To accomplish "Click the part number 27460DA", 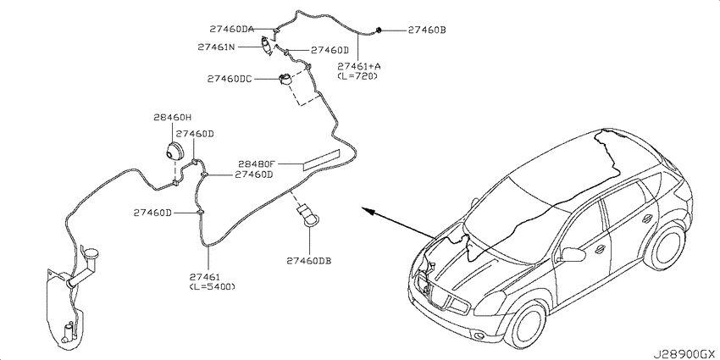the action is (x=232, y=29).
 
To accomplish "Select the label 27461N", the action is (x=217, y=47).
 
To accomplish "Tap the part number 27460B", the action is (x=427, y=30).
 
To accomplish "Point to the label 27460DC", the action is (x=230, y=79).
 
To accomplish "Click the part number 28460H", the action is (x=172, y=118).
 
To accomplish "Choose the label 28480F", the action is (x=257, y=163).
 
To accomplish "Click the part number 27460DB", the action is (x=309, y=261).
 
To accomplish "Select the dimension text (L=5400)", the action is (x=212, y=286).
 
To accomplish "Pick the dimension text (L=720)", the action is (x=357, y=76).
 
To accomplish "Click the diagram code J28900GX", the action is (x=685, y=354).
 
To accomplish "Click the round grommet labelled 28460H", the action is (x=173, y=151).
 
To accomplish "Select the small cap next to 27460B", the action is (x=379, y=30).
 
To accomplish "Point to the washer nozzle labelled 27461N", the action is (x=266, y=46).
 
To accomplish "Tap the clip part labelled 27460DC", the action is (x=285, y=80).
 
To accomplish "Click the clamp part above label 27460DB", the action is (x=308, y=216).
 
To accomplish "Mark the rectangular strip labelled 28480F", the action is (x=320, y=159).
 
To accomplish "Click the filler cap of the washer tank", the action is (x=91, y=252).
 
